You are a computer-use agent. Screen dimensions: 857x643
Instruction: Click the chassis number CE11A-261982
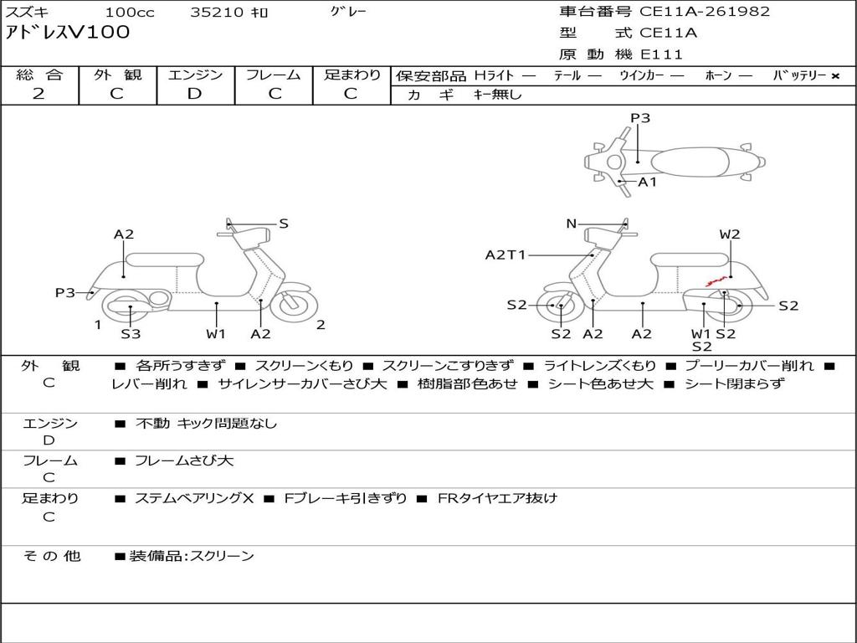click(x=705, y=12)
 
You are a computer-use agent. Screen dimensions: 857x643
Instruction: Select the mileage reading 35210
click(x=217, y=13)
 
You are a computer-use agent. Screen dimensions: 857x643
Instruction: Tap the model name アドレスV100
click(x=68, y=33)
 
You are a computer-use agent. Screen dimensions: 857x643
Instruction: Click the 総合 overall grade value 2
click(x=38, y=94)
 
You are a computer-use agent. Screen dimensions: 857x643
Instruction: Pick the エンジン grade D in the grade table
click(x=194, y=94)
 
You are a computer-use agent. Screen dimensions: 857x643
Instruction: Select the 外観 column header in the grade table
click(x=117, y=75)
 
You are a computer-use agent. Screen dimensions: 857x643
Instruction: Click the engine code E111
click(x=661, y=54)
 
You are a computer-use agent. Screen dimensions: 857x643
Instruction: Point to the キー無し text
click(x=497, y=95)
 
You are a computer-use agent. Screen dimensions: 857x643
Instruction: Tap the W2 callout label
click(x=730, y=234)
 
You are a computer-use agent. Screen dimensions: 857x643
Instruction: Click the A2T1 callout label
click(x=505, y=255)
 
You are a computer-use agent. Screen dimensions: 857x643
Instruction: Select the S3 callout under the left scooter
click(x=131, y=334)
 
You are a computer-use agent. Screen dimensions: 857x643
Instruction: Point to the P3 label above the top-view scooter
click(x=640, y=118)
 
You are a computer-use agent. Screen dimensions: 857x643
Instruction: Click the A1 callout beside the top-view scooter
click(x=648, y=182)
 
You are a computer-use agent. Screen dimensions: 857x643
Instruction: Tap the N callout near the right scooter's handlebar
click(x=572, y=224)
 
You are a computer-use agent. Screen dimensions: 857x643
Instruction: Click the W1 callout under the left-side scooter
click(x=216, y=334)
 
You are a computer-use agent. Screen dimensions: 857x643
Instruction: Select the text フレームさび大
click(x=184, y=460)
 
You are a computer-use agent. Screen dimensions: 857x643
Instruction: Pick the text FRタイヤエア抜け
click(x=497, y=498)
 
